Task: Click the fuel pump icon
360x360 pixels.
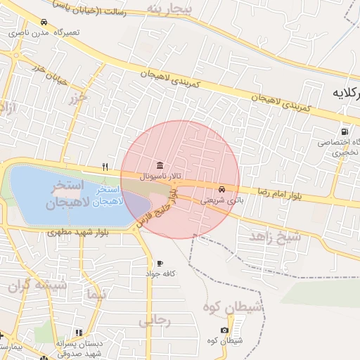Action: [345, 131]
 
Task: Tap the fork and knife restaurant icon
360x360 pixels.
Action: [105, 167]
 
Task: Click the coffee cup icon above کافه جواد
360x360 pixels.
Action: [160, 263]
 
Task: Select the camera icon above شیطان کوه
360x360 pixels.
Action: [224, 330]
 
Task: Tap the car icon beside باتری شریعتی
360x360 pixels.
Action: [222, 189]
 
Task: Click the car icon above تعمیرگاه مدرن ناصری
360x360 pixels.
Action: [45, 22]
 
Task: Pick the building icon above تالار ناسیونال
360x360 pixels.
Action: [160, 165]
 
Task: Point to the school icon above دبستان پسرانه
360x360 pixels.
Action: [79, 333]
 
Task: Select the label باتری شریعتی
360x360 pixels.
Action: [216, 200]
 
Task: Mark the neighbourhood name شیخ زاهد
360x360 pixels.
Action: [274, 236]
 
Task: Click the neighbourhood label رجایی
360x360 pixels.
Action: [155, 321]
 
